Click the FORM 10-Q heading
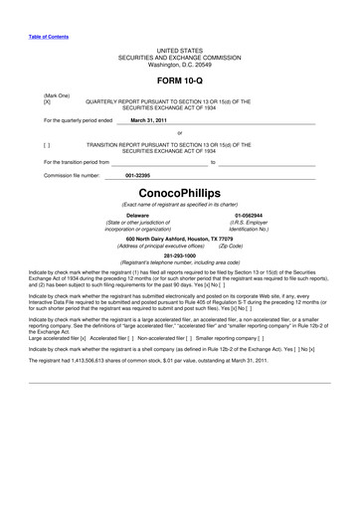pos(179,78)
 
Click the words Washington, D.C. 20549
pos(179,64)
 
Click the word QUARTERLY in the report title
pos(105,101)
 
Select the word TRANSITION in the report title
pos(105,144)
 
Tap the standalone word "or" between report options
pos(179,132)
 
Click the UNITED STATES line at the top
pos(179,50)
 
